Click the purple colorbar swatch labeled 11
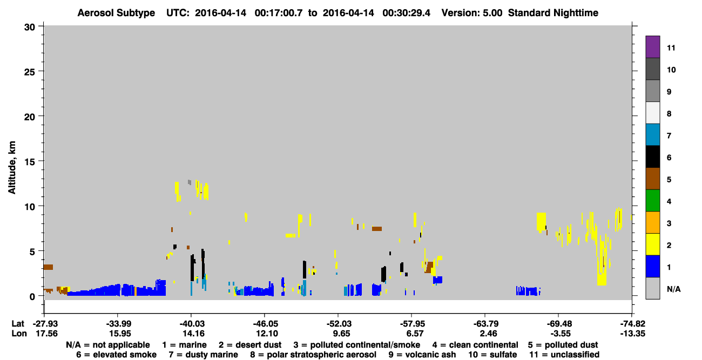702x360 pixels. [x=652, y=46]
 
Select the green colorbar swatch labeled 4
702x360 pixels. [x=652, y=201]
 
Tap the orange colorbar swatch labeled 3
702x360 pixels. [x=652, y=222]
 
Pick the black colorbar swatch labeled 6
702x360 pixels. [x=652, y=157]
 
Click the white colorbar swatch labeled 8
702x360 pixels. [x=652, y=113]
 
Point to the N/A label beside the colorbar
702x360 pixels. [x=673, y=289]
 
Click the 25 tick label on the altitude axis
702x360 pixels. [x=30, y=72]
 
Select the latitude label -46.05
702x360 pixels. [x=265, y=324]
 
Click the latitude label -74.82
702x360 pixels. [x=632, y=324]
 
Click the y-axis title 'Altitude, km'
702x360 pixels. [x=12, y=168]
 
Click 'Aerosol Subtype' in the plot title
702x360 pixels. [x=116, y=13]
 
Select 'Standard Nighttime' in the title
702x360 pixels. [x=553, y=13]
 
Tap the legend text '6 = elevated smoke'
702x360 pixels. [x=116, y=355]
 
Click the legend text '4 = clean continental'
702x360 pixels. [x=475, y=345]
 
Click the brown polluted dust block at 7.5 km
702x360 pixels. [x=377, y=229]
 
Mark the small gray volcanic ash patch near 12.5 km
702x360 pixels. [x=190, y=182]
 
